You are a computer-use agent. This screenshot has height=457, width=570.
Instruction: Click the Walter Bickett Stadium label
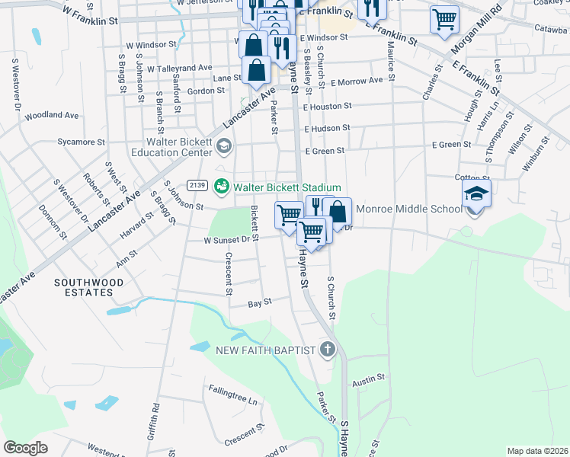[287, 187]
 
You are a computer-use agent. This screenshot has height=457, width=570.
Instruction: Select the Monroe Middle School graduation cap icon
[476, 195]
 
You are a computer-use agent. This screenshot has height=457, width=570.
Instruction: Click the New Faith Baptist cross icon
[328, 350]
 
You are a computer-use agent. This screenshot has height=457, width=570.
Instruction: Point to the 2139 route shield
[197, 185]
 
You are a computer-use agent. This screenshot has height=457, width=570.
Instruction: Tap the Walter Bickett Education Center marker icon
[223, 146]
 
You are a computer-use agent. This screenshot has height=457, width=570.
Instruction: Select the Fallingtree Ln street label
[233, 394]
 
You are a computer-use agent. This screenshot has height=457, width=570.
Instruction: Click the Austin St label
[369, 377]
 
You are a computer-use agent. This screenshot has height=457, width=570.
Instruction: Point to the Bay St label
[260, 303]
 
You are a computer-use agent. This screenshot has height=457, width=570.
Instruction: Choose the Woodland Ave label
[52, 116]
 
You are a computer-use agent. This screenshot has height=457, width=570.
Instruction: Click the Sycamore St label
[82, 142]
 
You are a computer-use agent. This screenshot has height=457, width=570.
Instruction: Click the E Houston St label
[326, 107]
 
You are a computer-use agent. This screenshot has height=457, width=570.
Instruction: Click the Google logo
[25, 448]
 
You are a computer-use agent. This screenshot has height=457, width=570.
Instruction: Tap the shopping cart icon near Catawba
[444, 19]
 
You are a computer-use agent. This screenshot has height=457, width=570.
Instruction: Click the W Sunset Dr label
[226, 239]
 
